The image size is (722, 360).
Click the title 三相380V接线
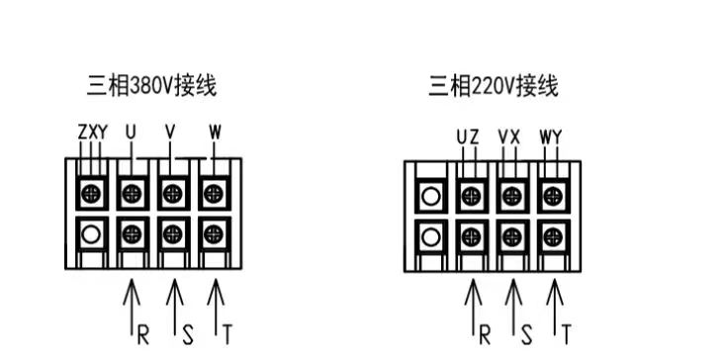click(150, 87)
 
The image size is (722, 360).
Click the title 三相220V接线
click(493, 87)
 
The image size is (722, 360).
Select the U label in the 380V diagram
click(132, 132)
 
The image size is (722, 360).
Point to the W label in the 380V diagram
click(215, 132)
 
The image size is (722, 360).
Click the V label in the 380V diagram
click(171, 132)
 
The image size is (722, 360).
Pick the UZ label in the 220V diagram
click(468, 136)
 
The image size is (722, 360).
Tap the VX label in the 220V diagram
click(509, 136)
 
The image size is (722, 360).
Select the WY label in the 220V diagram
click(550, 136)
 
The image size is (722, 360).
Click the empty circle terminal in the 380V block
click(91, 235)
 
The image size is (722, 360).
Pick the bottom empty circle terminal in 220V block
click(430, 237)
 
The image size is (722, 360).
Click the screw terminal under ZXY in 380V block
click(91, 190)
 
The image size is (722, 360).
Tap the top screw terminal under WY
click(554, 193)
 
